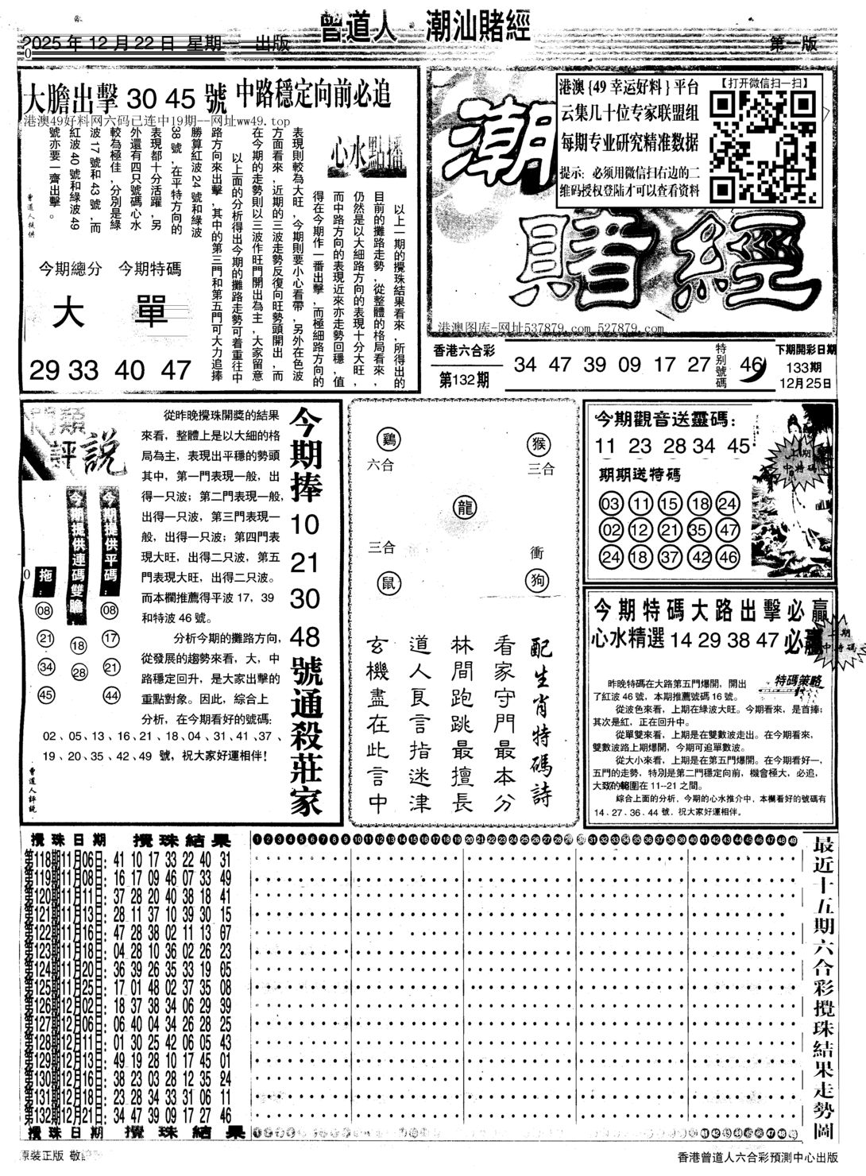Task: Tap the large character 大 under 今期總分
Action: coord(72,315)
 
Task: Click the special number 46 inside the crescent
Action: coord(749,365)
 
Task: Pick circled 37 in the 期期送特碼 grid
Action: coord(670,556)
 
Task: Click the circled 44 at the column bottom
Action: coord(110,695)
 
